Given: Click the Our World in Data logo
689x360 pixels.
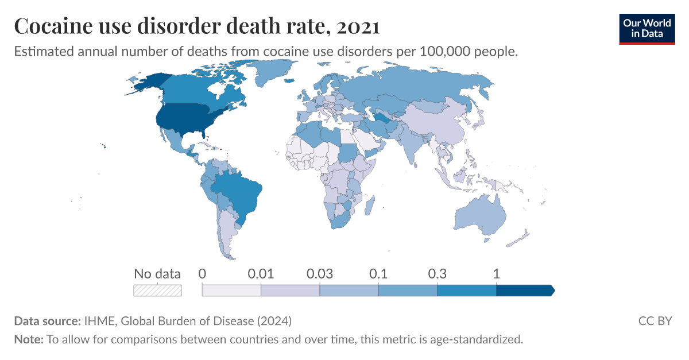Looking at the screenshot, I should coord(647,28).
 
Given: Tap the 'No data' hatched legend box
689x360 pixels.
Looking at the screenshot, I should coord(157,290).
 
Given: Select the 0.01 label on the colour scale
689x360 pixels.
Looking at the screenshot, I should coord(261,274).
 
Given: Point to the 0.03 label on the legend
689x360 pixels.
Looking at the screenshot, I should coord(320,274).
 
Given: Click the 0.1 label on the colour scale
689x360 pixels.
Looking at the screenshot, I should coord(378,274).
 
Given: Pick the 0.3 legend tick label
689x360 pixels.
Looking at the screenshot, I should coord(438,274).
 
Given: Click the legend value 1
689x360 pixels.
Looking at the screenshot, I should coord(496,274).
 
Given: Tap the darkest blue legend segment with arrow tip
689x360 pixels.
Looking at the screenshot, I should coord(524,290).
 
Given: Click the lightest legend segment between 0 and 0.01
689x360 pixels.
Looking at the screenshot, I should coord(231,290).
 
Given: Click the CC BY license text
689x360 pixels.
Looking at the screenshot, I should coord(655,320).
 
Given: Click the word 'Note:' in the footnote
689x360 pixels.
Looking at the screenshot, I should coord(28,339).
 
